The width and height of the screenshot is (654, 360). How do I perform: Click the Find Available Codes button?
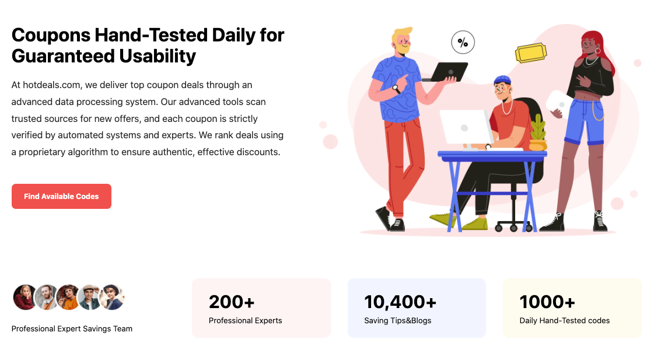61,196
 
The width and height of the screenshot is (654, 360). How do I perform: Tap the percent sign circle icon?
463,42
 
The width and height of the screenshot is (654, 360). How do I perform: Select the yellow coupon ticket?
530,53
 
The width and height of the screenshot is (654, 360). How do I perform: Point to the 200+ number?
232,302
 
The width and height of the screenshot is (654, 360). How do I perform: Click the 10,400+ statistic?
400,302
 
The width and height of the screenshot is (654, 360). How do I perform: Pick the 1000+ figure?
547,302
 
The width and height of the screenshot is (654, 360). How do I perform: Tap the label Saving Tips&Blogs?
397,320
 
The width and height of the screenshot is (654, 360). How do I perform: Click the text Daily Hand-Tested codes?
564,320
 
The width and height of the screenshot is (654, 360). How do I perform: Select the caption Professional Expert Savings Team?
72,328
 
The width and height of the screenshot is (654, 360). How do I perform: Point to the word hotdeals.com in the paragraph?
51,85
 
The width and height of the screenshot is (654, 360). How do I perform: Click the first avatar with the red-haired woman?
25,298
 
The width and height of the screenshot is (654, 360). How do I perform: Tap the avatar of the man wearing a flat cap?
89,298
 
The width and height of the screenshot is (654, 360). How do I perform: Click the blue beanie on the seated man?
502,80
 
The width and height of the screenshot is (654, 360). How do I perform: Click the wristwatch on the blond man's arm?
396,89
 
